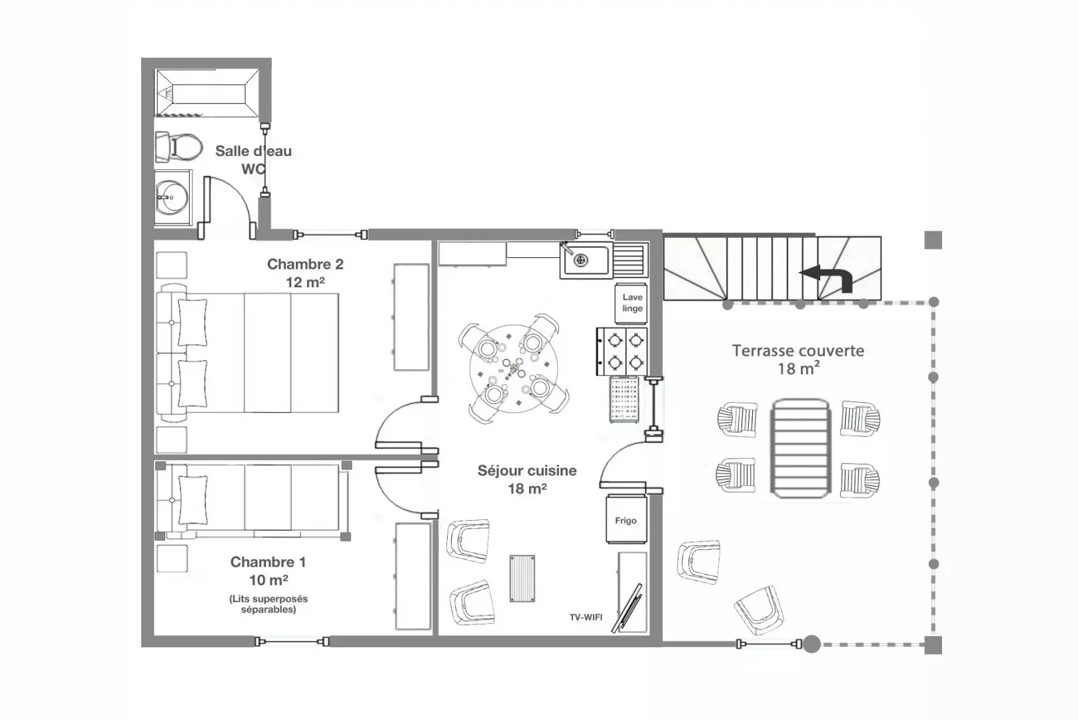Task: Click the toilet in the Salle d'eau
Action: (179, 147)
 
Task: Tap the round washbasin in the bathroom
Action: (172, 198)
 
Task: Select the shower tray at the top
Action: (207, 93)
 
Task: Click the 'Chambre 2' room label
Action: (305, 264)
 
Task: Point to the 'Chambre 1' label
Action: (268, 561)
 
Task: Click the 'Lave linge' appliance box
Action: (631, 303)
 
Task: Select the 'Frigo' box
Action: (626, 519)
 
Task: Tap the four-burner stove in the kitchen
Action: (622, 351)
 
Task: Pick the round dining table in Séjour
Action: (514, 369)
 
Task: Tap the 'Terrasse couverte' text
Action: (798, 351)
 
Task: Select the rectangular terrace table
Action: (800, 448)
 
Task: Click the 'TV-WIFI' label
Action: (586, 617)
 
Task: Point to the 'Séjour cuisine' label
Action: (527, 471)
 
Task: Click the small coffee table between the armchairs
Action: (522, 579)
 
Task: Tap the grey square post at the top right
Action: (933, 240)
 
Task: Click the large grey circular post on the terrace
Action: (811, 645)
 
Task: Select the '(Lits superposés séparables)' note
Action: (268, 604)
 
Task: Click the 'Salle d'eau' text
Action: (253, 151)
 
